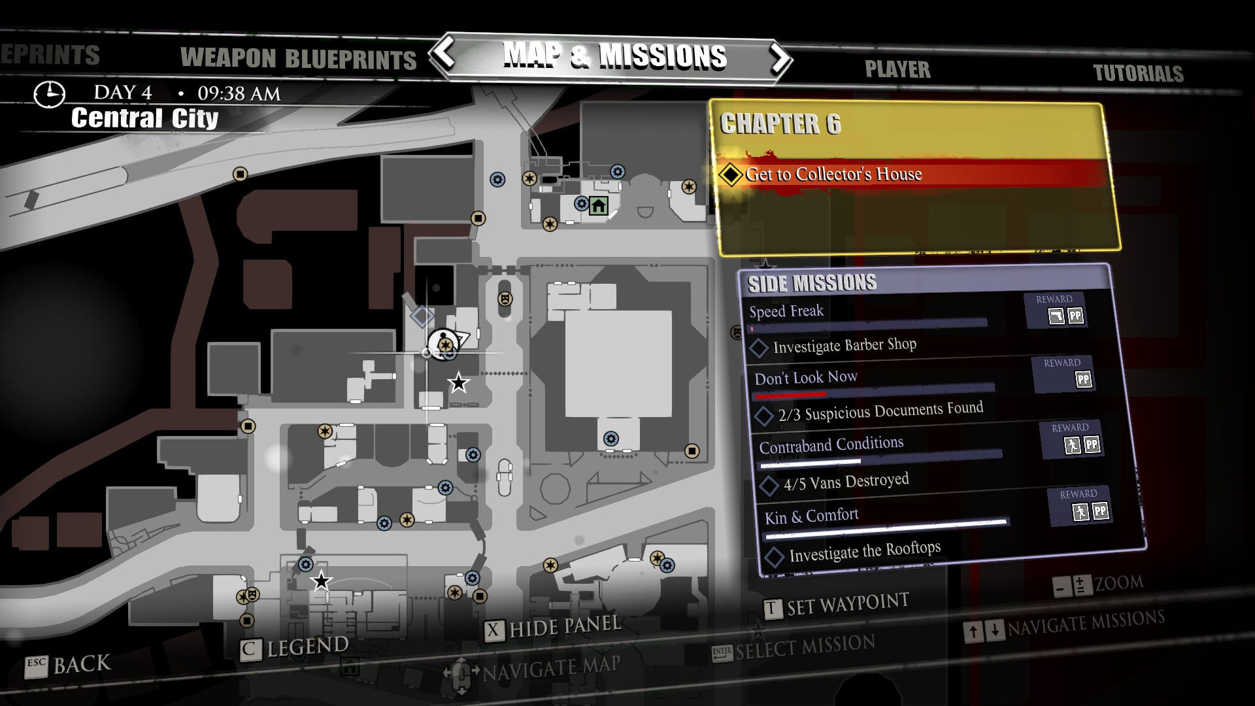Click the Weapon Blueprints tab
pos(298,59)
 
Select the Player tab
pos(897,69)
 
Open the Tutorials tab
pos(1138,73)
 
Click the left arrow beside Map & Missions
pos(445,54)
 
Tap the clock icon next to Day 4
pos(49,94)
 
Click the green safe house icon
pos(598,207)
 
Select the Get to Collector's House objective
pos(833,174)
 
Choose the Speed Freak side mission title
pos(786,311)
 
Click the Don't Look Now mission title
pos(805,378)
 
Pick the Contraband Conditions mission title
pos(831,445)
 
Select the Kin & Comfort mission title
pos(811,516)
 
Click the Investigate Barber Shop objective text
pos(845,345)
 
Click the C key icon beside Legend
pos(248,650)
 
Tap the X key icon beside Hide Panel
pos(494,631)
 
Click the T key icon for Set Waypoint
pos(772,609)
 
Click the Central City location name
pos(144,118)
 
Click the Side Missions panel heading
pos(812,283)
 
